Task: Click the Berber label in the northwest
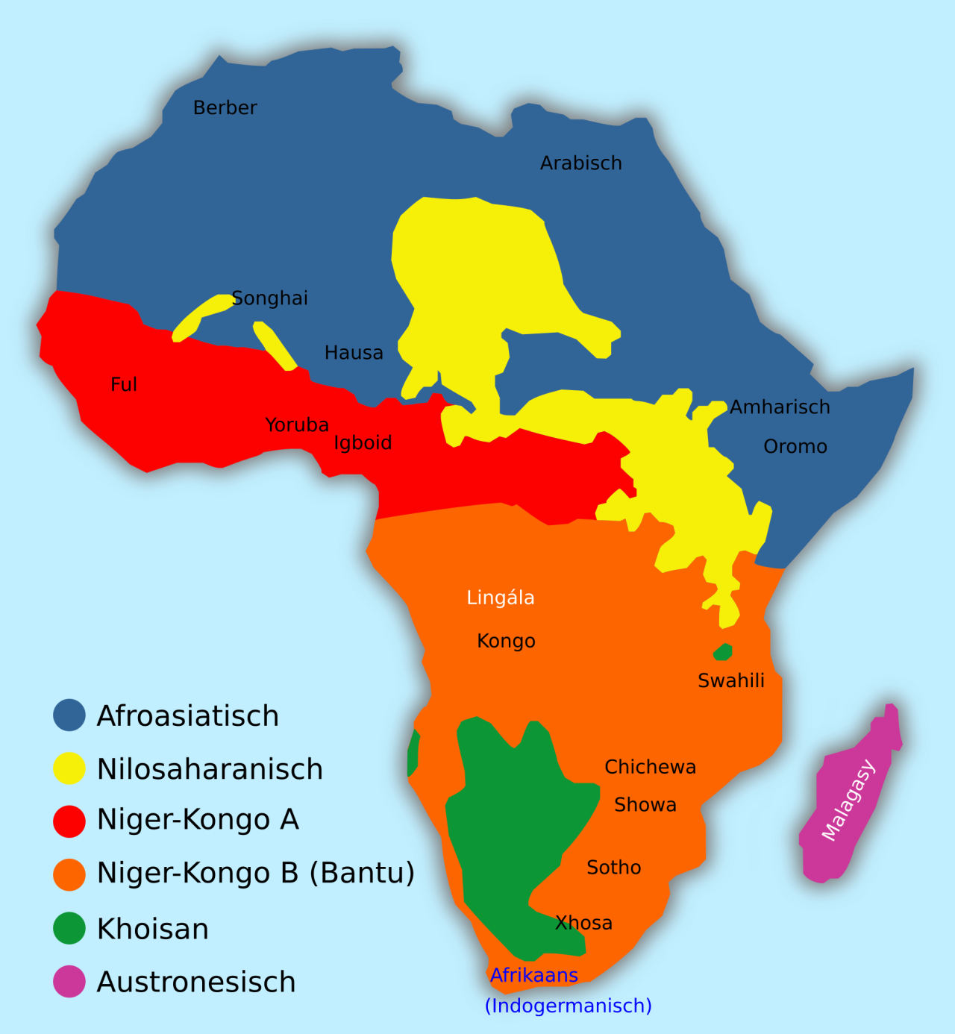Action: tap(225, 108)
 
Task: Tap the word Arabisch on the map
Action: tap(580, 163)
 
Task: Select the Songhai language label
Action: tap(269, 298)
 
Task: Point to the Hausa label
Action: tap(354, 353)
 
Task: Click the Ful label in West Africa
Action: tap(124, 385)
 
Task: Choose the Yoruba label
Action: tap(297, 425)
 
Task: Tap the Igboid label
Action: tap(363, 443)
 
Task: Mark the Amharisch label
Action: tap(780, 407)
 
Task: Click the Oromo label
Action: tap(795, 447)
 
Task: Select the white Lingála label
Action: tap(501, 598)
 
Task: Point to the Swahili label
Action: tap(731, 680)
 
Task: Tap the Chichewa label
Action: tap(650, 767)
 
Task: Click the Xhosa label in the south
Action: tap(583, 924)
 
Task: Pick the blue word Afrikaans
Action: tap(534, 975)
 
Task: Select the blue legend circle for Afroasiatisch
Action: tap(69, 715)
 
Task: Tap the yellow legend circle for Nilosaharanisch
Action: tap(69, 768)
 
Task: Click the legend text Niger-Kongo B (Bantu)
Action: tap(256, 873)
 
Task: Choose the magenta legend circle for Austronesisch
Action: tap(69, 982)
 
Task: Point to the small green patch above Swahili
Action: tap(722, 652)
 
